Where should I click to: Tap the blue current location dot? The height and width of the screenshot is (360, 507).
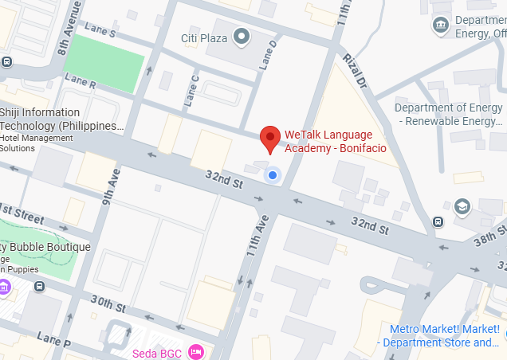273,174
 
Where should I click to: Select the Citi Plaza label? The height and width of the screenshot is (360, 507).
205,37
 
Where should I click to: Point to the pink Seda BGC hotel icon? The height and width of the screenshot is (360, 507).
196,352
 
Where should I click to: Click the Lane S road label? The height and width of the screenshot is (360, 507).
101,33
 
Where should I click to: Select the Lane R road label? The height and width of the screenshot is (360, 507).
81,80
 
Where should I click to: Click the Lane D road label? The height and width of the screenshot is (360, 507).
269,53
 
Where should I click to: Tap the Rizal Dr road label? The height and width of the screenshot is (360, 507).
353,69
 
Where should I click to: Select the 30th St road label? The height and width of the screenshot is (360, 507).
108,304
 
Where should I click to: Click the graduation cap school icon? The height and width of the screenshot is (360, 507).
462,207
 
